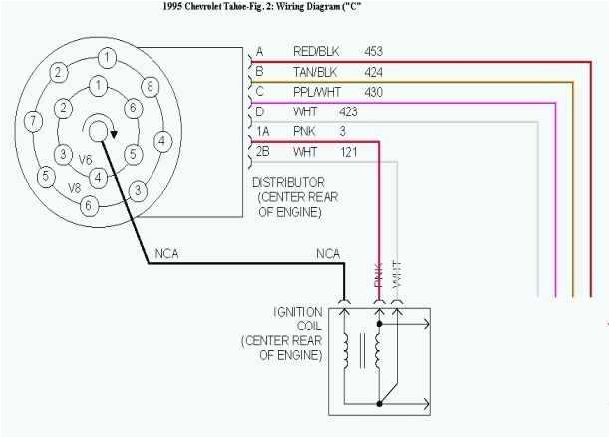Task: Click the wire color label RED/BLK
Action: [315, 51]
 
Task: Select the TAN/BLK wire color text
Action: [315, 71]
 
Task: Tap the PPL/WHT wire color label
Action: [316, 92]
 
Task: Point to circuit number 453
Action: [373, 51]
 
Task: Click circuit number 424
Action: [373, 71]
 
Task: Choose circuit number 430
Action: [373, 92]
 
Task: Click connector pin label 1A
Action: [262, 131]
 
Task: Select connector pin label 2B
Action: [262, 152]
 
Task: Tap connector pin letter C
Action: [260, 92]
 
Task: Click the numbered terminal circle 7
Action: [33, 122]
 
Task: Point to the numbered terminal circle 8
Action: [150, 86]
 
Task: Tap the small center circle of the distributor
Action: [100, 128]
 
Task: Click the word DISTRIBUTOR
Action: [288, 183]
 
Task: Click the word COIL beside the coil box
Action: [307, 327]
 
